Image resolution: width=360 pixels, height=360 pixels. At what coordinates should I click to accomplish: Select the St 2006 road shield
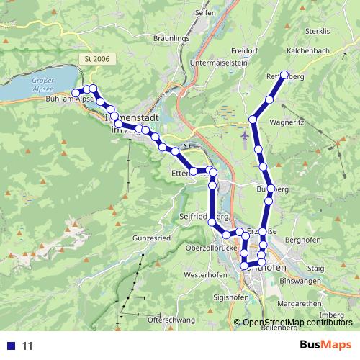[x=96, y=59]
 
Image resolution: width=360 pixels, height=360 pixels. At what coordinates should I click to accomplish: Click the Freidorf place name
[x=245, y=51]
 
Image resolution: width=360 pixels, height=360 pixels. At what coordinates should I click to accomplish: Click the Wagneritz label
[x=288, y=122]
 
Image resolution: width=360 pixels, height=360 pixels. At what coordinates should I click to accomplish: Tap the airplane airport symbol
[x=246, y=134]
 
